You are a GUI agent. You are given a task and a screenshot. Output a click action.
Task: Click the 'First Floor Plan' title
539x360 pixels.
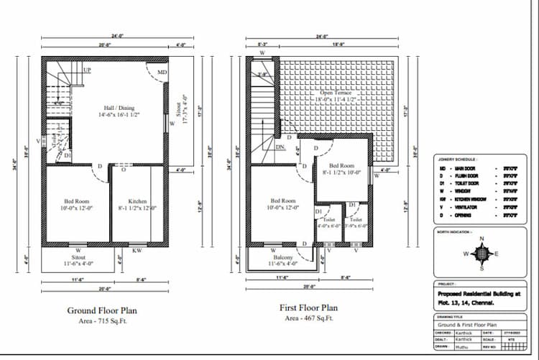[308, 308]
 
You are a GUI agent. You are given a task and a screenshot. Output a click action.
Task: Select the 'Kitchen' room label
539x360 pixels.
[138, 201]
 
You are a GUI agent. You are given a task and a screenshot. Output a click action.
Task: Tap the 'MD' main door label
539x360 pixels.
[162, 72]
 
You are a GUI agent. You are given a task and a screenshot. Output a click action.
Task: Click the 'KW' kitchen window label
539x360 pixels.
[137, 251]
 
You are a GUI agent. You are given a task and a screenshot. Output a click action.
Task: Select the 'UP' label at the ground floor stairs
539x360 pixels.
[87, 70]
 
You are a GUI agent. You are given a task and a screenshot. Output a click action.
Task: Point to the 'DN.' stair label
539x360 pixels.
[281, 147]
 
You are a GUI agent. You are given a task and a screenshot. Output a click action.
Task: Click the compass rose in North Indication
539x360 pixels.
[483, 254]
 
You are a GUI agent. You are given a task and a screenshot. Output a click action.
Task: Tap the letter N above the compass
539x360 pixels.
[483, 239]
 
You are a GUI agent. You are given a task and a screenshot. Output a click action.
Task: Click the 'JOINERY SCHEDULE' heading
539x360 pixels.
[457, 160]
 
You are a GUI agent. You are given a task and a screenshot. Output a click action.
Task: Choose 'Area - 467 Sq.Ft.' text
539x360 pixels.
[308, 318]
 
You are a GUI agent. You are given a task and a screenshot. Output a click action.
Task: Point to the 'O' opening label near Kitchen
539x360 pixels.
[124, 171]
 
